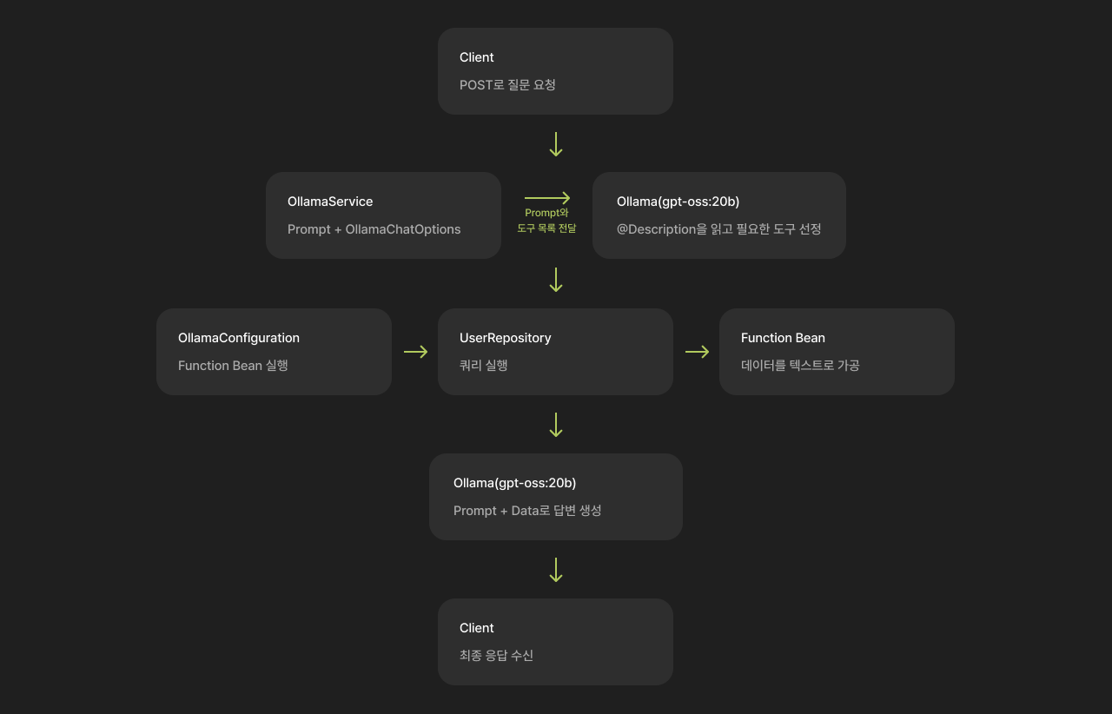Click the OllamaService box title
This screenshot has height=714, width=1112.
coord(330,202)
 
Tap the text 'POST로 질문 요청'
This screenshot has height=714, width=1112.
coord(507,85)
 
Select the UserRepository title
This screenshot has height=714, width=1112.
coord(506,338)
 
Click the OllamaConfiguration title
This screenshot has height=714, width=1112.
coord(239,338)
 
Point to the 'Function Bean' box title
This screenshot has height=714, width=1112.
coord(783,338)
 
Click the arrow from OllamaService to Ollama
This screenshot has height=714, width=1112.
coord(547,198)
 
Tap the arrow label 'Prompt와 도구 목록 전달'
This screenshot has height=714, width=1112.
coord(546,221)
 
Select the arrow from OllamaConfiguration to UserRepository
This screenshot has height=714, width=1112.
coord(415,352)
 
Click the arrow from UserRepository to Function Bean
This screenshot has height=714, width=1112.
coord(697,352)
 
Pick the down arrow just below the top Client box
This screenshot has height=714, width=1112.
coord(556,144)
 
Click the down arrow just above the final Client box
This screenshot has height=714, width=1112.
coord(556,570)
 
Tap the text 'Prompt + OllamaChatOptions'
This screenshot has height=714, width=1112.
coord(374,229)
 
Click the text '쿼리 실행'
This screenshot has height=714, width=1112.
coord(484,366)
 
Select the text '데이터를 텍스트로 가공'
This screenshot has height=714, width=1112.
coord(800,366)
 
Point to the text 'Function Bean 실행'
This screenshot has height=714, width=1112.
coord(233,366)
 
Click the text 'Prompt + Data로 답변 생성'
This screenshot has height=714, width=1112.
coord(527,511)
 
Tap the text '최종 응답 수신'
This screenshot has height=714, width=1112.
coord(496,656)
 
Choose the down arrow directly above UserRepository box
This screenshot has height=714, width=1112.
coord(556,280)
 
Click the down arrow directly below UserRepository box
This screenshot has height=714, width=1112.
coord(556,425)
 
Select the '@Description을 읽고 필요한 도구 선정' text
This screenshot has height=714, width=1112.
coord(718,229)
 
